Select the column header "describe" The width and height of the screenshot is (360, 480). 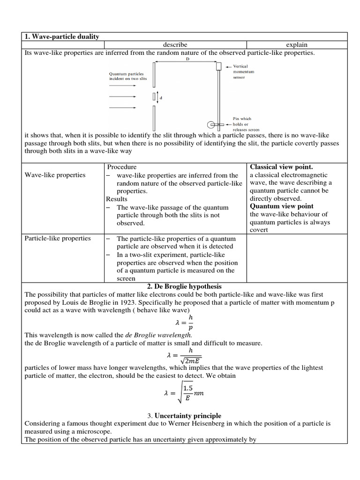point(175,45)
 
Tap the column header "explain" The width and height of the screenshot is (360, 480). point(297,45)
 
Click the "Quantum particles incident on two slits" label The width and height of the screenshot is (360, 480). point(127,76)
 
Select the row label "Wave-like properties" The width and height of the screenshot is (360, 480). point(55,175)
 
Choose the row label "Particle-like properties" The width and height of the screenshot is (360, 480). point(58,238)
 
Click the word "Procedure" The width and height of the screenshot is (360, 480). point(122,166)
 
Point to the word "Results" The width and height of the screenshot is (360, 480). point(117,199)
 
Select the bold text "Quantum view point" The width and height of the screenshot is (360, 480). point(282,206)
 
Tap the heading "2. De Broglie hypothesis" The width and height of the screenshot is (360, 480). point(184,286)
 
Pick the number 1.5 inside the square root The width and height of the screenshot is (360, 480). point(188,389)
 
